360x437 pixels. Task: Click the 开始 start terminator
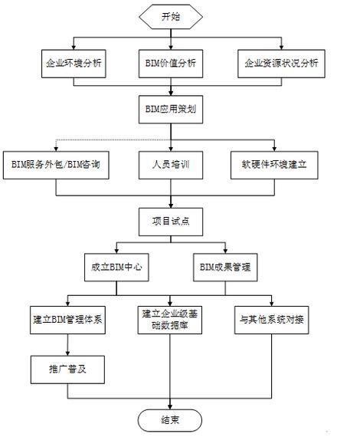point(171,16)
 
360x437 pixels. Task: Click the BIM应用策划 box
point(171,110)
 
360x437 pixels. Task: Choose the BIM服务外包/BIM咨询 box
point(54,164)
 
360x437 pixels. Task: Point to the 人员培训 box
point(171,164)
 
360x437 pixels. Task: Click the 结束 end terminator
point(171,419)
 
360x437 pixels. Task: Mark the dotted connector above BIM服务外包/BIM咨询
point(84,139)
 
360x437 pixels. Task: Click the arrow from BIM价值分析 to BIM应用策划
point(171,87)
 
